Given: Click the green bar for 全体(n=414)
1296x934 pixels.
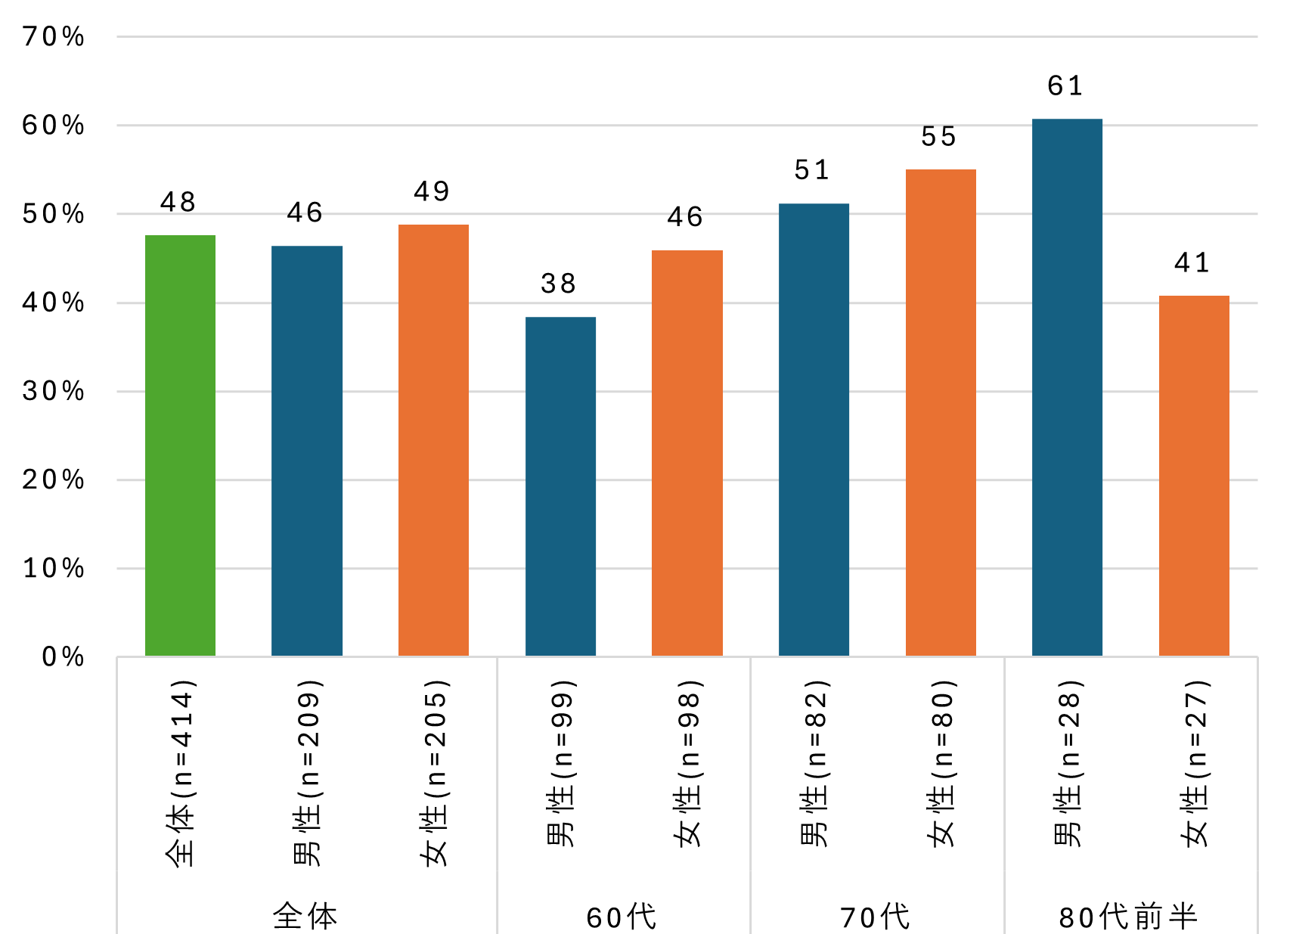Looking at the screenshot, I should (180, 445).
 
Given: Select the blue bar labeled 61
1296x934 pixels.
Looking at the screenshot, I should (1067, 387).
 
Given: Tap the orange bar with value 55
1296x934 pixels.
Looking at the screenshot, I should (941, 412).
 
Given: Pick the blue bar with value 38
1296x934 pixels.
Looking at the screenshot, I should (560, 486).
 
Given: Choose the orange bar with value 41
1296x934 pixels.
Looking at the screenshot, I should (1194, 476).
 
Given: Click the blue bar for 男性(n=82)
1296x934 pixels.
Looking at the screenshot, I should (814, 430).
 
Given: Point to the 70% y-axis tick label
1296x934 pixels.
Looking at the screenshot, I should (54, 36).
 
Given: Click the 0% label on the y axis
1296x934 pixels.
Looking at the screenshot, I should (63, 656).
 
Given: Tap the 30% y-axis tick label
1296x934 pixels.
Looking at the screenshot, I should (54, 391).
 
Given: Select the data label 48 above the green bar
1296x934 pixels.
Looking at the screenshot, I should (178, 202).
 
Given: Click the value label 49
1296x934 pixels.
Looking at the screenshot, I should (432, 191).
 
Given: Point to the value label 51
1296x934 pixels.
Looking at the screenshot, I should (812, 170).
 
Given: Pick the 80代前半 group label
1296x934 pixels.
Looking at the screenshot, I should (1128, 917).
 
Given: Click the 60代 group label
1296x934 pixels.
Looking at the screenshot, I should (622, 917).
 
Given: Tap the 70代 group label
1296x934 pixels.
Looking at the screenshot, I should (876, 917).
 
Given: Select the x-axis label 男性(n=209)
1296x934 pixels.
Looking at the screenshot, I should (307, 772).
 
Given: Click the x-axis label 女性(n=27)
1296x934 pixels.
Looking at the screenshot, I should (1195, 763).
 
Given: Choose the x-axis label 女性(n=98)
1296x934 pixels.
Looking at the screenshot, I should (688, 763).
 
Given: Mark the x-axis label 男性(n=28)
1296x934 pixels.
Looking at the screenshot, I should (1068, 763).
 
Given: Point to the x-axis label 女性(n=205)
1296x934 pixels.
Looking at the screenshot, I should (434, 772).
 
